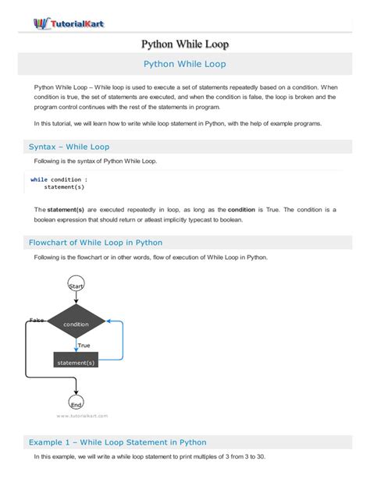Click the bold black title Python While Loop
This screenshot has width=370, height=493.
[x=185, y=44]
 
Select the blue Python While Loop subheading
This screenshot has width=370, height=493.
[x=185, y=64]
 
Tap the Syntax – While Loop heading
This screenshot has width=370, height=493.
[x=69, y=146]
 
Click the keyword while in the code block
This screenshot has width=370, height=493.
[x=38, y=179]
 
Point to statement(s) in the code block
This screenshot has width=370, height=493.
[x=64, y=187]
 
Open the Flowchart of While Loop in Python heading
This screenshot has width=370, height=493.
[x=106, y=243]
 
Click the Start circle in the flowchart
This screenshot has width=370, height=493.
[x=76, y=286]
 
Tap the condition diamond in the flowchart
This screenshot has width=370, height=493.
[x=76, y=323]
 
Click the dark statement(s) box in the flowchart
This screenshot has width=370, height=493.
[x=76, y=362]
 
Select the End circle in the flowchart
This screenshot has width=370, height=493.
[x=76, y=404]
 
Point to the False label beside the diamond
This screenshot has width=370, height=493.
[x=36, y=320]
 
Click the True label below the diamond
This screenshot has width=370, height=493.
[x=84, y=345]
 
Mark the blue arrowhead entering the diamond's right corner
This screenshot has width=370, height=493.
[x=110, y=321]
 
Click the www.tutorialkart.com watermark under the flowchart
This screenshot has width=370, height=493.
[x=82, y=417]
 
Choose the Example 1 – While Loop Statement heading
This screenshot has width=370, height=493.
[x=117, y=442]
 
